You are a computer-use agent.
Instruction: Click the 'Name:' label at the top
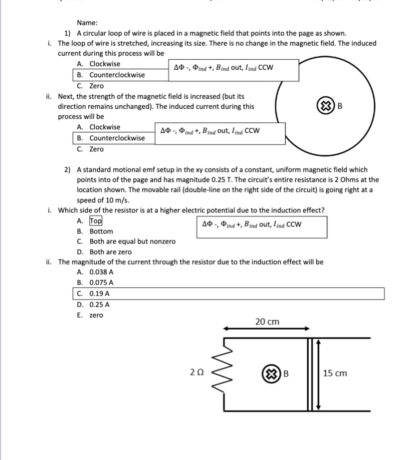[x=87, y=23]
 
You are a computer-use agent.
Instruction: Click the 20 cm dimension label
[x=267, y=322]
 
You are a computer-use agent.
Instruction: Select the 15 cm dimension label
[x=335, y=373]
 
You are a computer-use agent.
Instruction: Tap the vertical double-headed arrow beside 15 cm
[x=318, y=373]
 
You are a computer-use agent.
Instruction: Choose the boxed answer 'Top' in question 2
[x=95, y=221]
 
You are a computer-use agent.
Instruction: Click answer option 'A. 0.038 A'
[x=95, y=272]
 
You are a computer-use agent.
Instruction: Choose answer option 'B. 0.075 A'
[x=95, y=283]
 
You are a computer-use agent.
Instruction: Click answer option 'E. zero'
[x=90, y=315]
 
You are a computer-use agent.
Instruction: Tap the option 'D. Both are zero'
[x=104, y=252]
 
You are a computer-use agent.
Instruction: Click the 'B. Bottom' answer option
[x=95, y=232]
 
